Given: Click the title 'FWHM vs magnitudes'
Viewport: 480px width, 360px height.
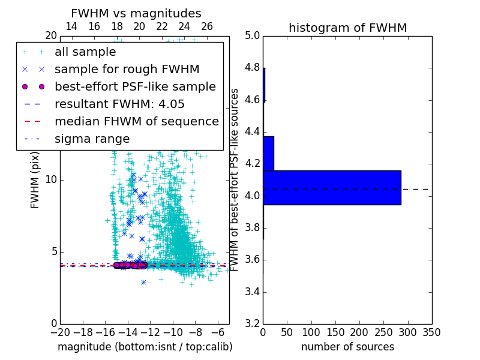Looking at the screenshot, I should (136, 13).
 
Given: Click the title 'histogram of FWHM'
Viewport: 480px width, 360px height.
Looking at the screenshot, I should (347, 28).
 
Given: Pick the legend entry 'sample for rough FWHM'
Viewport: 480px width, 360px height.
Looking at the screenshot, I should (127, 70).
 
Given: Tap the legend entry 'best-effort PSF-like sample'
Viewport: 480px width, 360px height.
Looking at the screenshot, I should (135, 86).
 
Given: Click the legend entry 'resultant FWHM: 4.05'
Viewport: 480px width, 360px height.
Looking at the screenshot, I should (119, 104).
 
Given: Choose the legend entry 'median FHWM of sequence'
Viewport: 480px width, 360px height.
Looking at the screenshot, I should (136, 121).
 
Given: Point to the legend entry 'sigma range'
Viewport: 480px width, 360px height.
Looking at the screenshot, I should (92, 139).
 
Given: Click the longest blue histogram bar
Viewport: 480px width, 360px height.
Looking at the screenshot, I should (332, 188).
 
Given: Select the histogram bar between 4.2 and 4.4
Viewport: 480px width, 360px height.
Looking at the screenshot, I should (268, 154).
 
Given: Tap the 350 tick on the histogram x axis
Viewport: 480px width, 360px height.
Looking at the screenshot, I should (431, 332).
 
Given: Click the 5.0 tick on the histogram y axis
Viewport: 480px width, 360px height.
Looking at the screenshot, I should (252, 35).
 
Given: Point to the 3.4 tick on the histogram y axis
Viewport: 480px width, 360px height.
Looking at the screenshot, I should (252, 292).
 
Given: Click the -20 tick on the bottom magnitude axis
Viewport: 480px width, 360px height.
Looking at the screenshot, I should (60, 332).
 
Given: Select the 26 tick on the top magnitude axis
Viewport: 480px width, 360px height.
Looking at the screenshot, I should (207, 26).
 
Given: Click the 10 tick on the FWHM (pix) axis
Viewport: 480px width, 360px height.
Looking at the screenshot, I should (51, 180).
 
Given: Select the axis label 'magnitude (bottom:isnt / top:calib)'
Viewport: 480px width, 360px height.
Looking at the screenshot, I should (145, 347).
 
